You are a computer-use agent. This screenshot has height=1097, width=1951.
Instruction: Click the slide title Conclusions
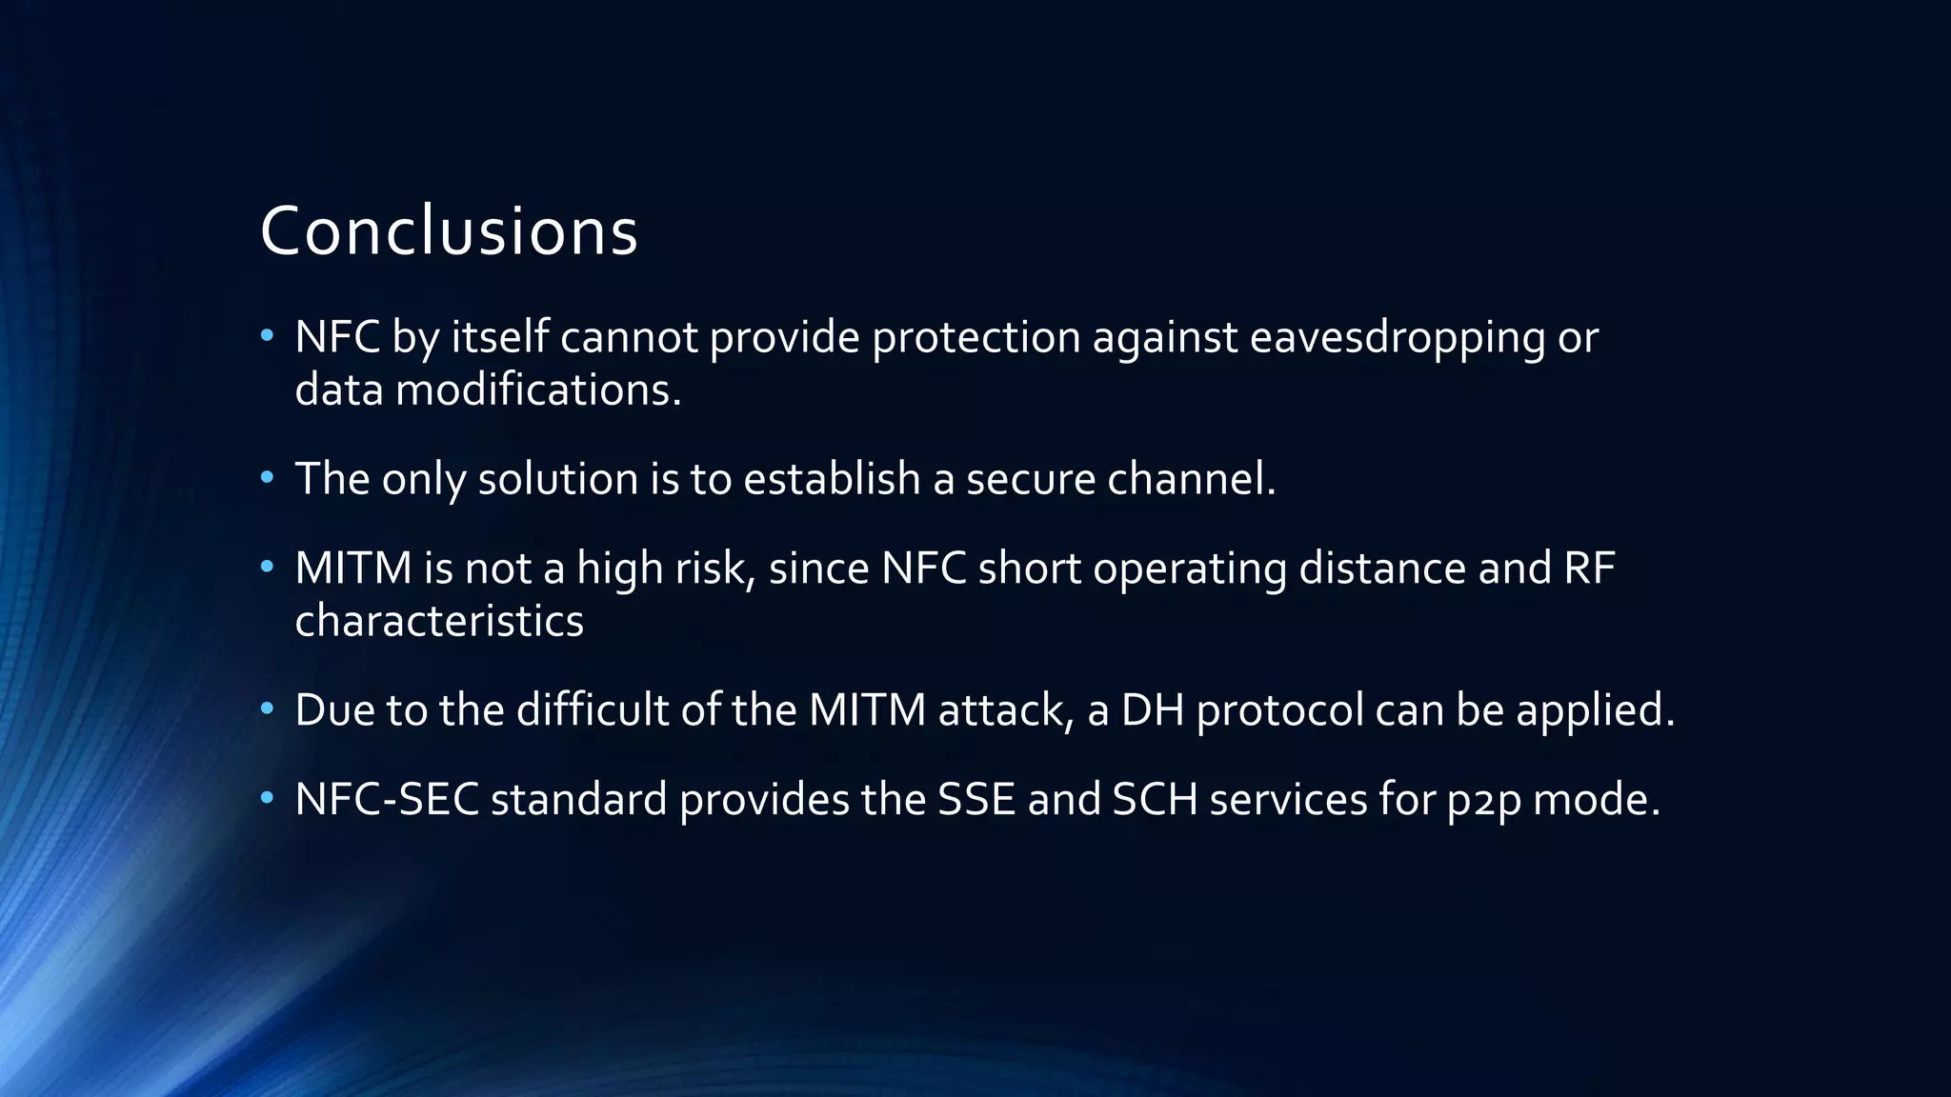[448, 231]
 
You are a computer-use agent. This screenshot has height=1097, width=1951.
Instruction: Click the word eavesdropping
[1397, 338]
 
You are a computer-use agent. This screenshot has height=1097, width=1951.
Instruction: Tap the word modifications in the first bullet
[538, 390]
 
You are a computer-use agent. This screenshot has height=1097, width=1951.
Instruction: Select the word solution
[557, 479]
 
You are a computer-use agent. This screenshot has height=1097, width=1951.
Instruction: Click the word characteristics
[439, 621]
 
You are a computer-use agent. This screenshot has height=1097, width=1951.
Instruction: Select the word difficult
[593, 710]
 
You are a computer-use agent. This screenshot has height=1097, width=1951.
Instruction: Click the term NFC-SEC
[387, 799]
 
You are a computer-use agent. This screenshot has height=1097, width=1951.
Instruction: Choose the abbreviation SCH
[1155, 799]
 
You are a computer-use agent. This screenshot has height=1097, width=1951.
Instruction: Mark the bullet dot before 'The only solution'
[268, 477]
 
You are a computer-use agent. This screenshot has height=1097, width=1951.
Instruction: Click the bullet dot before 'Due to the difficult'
[268, 708]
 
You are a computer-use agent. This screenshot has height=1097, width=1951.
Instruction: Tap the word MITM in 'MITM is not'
[353, 568]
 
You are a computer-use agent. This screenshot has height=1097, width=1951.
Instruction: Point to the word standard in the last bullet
[578, 799]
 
